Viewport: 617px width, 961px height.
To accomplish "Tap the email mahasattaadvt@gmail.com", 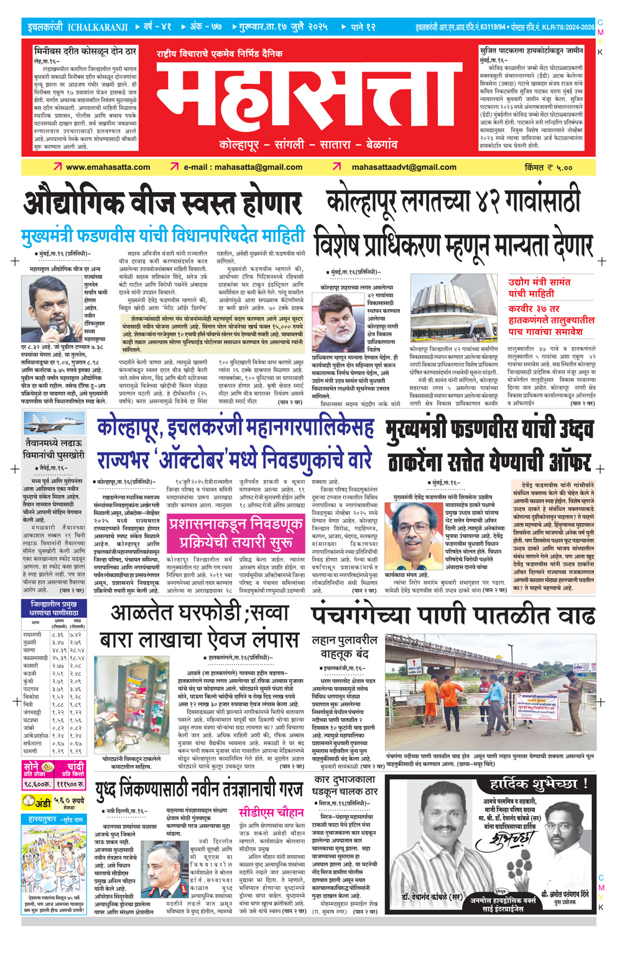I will click(404, 167).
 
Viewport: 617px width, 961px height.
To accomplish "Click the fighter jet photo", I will click(53, 424).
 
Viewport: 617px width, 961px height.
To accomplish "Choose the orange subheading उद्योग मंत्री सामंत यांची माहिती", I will click(539, 287).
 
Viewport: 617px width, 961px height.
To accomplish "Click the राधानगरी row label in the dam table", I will click(32, 634).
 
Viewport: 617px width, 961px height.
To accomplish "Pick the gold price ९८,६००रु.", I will click(38, 784).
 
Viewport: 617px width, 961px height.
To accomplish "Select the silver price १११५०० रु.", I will click(72, 784).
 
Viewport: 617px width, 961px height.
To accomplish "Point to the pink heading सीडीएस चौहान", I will click(271, 812).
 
